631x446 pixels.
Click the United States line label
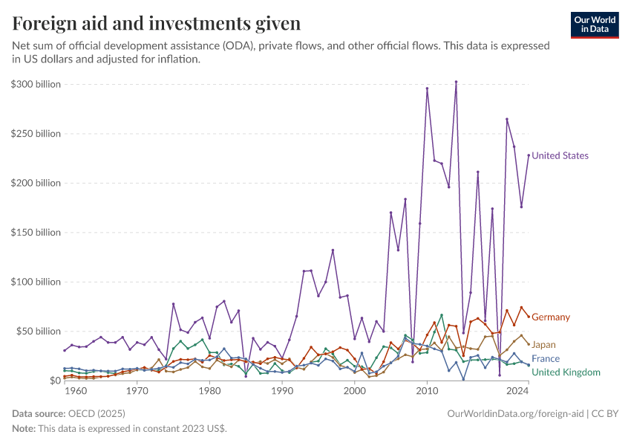click(x=560, y=156)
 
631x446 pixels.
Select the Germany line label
click(x=551, y=317)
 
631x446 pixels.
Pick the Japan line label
click(x=543, y=345)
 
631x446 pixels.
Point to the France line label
click(x=546, y=359)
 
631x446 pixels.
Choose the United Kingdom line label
click(x=566, y=372)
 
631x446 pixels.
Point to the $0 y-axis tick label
click(x=55, y=381)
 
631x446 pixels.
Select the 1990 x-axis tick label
click(x=282, y=390)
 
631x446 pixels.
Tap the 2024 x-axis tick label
click(x=517, y=390)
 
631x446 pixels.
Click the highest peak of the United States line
click(x=456, y=82)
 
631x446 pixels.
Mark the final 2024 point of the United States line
click(x=529, y=155)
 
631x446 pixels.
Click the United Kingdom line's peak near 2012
click(x=442, y=314)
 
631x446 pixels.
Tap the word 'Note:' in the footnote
click(x=24, y=429)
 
